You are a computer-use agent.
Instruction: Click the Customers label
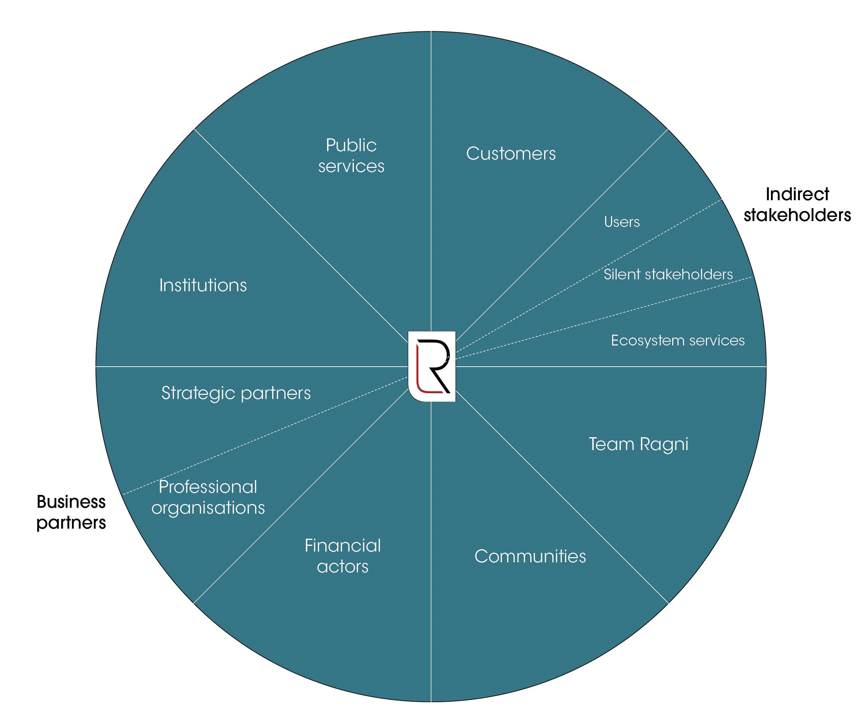511,154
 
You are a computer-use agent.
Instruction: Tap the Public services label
351,156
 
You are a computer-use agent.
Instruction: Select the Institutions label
203,285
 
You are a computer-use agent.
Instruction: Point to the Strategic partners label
236,393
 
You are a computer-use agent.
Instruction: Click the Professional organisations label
208,497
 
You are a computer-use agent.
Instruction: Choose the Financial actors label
342,556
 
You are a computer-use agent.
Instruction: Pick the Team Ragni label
639,444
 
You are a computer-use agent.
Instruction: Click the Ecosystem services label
677,340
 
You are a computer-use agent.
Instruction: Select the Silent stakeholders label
668,274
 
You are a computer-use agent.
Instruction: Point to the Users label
621,222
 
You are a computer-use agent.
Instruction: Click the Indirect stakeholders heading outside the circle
797,205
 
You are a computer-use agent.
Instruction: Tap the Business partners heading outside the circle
71,512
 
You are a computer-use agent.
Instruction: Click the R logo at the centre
432,366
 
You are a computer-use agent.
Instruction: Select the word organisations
208,508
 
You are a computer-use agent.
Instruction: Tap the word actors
342,567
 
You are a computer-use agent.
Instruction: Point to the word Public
351,145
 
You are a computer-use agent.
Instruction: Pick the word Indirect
797,194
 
